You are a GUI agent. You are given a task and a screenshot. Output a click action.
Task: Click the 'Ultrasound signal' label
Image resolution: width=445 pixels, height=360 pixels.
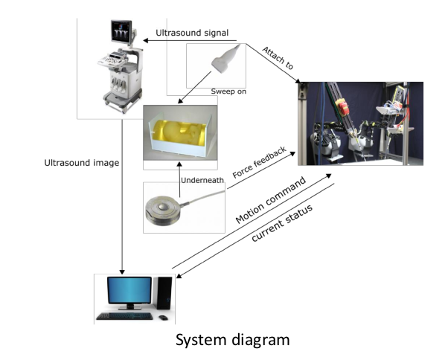pos(192,33)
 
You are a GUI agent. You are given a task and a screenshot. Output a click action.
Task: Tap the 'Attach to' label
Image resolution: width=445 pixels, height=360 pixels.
pos(278,58)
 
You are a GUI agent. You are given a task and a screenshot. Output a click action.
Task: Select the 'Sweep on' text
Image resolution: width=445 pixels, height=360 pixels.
pos(228,91)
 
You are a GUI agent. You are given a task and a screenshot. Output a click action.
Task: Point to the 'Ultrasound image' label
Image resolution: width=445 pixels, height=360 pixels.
pos(82,163)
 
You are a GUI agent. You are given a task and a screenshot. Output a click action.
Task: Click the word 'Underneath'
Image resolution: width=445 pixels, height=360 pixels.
pos(202,180)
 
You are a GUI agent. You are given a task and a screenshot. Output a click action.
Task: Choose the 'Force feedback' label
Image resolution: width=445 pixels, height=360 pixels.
pos(260,163)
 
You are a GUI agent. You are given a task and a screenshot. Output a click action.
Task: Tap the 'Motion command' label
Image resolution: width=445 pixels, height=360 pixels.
pos(271,200)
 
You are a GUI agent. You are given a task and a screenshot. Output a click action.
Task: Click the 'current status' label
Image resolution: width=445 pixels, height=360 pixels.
pos(282,223)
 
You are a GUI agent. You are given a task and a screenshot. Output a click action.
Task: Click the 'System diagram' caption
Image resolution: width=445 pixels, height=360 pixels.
pos(233,340)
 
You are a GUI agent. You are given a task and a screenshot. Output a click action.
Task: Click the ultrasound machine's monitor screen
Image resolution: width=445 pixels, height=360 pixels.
pos(121,30)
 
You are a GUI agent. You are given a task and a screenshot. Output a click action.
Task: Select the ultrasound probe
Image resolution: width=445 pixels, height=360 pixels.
pos(225,59)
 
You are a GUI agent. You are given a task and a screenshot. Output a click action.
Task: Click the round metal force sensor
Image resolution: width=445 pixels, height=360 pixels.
pos(163,210)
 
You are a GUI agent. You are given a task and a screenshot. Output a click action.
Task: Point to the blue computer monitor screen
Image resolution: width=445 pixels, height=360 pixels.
pos(129,290)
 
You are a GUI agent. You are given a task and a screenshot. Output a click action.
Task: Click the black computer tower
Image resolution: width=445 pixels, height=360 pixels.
pos(164,293)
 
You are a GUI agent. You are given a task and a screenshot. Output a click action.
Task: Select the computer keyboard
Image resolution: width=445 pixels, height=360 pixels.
pos(124,316)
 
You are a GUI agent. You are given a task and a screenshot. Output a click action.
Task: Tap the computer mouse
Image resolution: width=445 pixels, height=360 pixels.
pos(163,318)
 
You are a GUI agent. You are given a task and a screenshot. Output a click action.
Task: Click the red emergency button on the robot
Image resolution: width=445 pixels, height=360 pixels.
pos(343,107)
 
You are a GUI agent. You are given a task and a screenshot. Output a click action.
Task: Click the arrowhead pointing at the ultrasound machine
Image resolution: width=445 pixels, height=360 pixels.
pos(146,41)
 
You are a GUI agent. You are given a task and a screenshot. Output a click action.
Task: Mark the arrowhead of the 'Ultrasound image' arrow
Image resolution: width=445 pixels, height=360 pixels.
pos(122,271)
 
